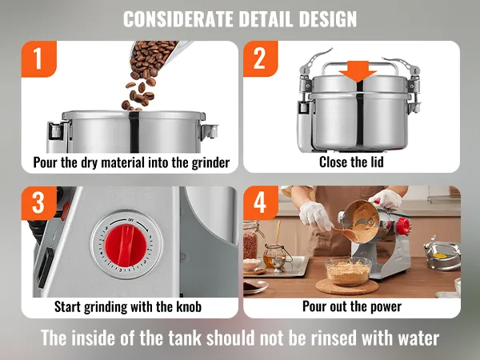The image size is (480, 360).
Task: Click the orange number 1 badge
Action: point(39,58)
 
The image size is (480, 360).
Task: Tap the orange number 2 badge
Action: point(261,58)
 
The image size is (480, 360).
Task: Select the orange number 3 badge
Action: point(39,203)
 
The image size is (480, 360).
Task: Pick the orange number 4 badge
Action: point(261,202)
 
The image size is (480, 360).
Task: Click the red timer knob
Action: point(126,245)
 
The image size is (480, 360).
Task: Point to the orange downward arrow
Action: point(358,71)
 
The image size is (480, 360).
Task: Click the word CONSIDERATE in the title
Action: point(178,19)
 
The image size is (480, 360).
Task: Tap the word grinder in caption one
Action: point(210,162)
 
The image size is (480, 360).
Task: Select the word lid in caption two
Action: point(377,162)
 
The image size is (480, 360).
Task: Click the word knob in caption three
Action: point(189,306)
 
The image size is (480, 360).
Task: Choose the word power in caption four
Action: point(386,307)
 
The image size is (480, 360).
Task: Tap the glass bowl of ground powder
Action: point(348,271)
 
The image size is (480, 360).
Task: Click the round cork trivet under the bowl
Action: point(347,287)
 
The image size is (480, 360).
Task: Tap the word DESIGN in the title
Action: point(327,19)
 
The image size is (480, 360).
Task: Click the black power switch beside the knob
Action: point(45,267)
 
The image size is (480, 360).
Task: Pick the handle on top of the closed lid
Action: point(357,66)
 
